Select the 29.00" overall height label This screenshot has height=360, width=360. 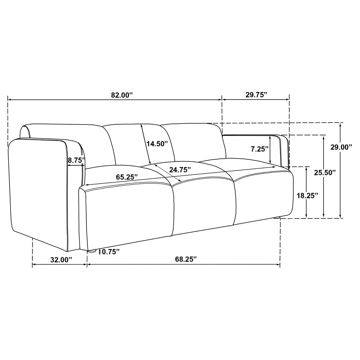[342, 147]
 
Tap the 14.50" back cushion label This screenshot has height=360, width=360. [157, 144]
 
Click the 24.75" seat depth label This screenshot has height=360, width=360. [180, 170]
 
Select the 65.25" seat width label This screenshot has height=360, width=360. [127, 177]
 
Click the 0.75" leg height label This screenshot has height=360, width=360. [111, 252]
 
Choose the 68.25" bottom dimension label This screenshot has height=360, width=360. [186, 259]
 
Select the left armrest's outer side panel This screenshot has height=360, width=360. [39, 190]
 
